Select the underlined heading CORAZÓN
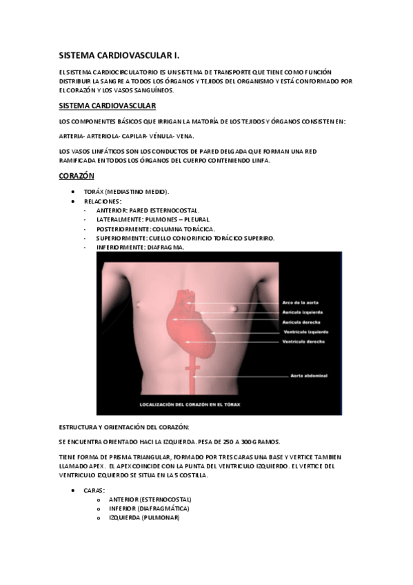[76, 176]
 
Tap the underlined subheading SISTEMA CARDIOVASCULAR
[108, 106]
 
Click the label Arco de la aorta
[301, 303]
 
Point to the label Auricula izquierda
[302, 313]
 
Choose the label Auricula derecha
[301, 322]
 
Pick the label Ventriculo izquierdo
[305, 332]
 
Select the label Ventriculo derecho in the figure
[304, 341]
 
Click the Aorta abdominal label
[308, 376]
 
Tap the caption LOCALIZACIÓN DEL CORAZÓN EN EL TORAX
[194, 404]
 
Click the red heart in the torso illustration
[190, 324]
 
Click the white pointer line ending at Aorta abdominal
[241, 376]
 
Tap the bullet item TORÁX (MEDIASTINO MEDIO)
[125, 191]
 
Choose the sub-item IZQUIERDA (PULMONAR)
[143, 517]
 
